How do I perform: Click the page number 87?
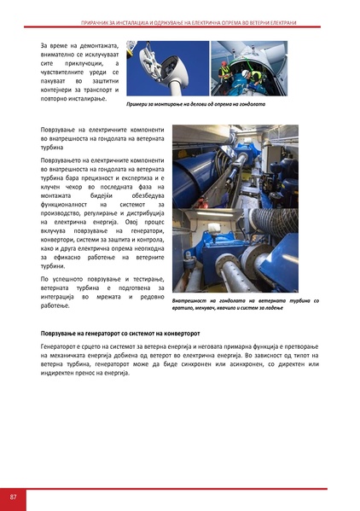coord(14,496)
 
